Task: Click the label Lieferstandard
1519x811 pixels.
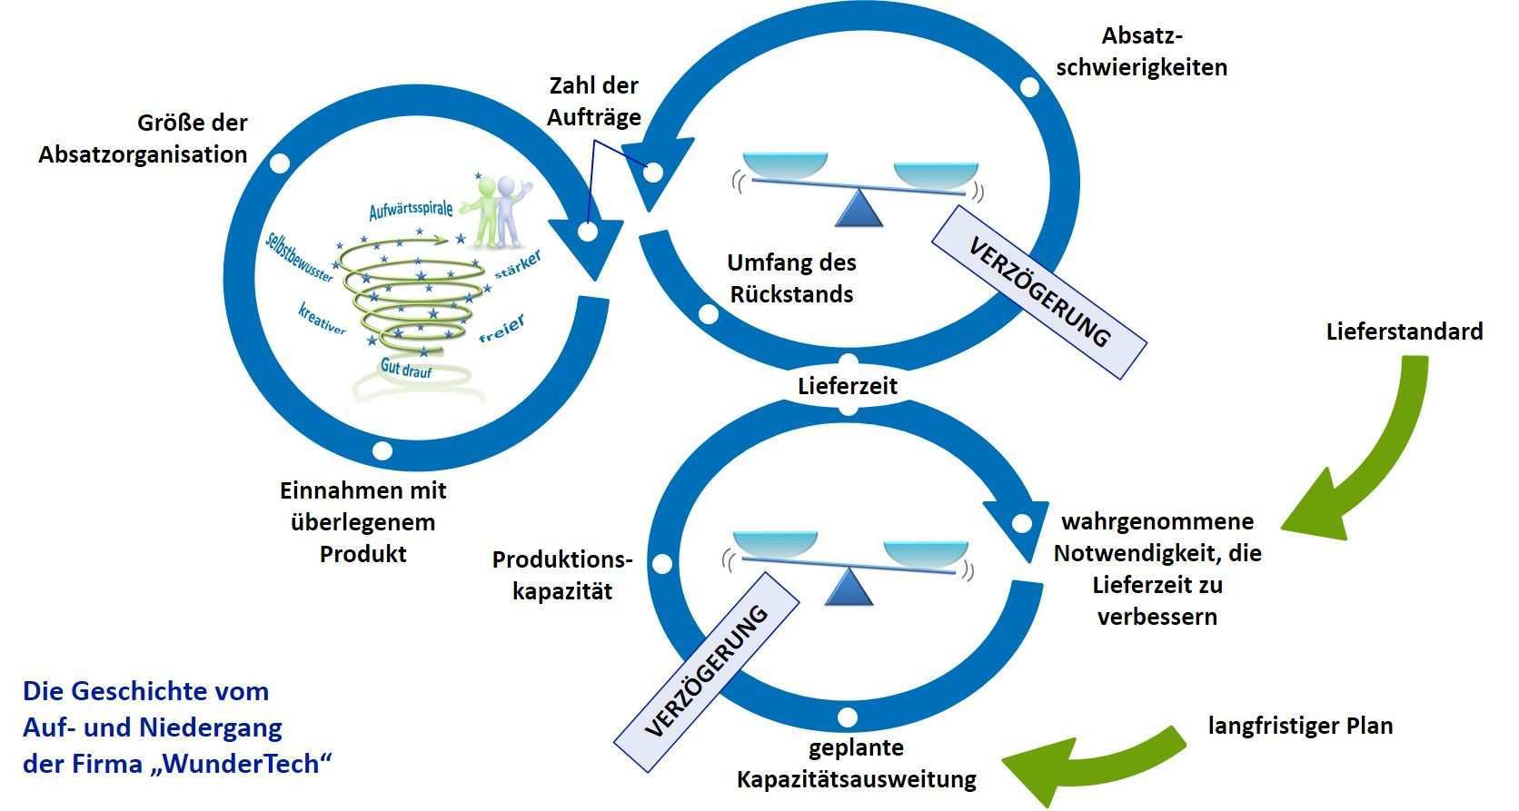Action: [x=1404, y=331]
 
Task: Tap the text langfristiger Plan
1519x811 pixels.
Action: [x=1300, y=726]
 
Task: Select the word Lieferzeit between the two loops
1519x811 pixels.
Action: [x=848, y=386]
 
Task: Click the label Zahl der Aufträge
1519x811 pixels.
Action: [x=594, y=101]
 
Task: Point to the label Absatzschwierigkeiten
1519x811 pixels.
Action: [x=1141, y=52]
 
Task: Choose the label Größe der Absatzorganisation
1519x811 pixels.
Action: [x=144, y=139]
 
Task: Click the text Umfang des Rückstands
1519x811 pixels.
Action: [x=791, y=278]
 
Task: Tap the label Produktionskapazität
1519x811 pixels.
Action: [x=562, y=575]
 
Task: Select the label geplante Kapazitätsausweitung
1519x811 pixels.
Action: [x=856, y=764]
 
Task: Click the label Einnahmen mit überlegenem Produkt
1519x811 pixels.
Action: [x=363, y=522]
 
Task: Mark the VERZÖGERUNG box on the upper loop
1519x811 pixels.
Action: [x=1039, y=292]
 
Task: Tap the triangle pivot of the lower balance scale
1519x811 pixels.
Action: [x=849, y=588]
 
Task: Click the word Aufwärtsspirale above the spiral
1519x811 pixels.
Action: [x=411, y=211]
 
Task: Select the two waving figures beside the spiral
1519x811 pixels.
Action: [x=498, y=211]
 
